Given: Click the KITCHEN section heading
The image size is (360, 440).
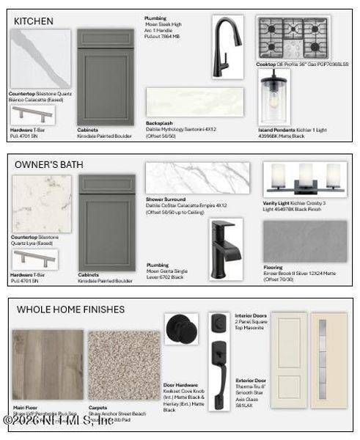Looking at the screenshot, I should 34,21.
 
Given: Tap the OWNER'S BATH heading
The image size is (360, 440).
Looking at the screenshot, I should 49,164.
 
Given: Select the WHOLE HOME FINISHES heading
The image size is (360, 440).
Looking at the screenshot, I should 70,309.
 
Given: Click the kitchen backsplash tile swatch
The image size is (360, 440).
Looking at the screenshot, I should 194,103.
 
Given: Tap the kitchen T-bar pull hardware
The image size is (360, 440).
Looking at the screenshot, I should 32,114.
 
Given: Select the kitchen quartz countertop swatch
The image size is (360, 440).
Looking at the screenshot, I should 40,59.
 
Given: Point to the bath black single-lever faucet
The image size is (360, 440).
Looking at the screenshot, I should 224,248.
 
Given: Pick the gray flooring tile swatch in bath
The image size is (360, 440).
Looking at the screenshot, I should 304,241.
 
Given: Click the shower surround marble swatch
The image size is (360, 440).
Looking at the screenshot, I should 197,178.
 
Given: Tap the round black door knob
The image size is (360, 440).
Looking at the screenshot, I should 180,329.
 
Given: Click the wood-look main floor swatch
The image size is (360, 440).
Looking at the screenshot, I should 48,364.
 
